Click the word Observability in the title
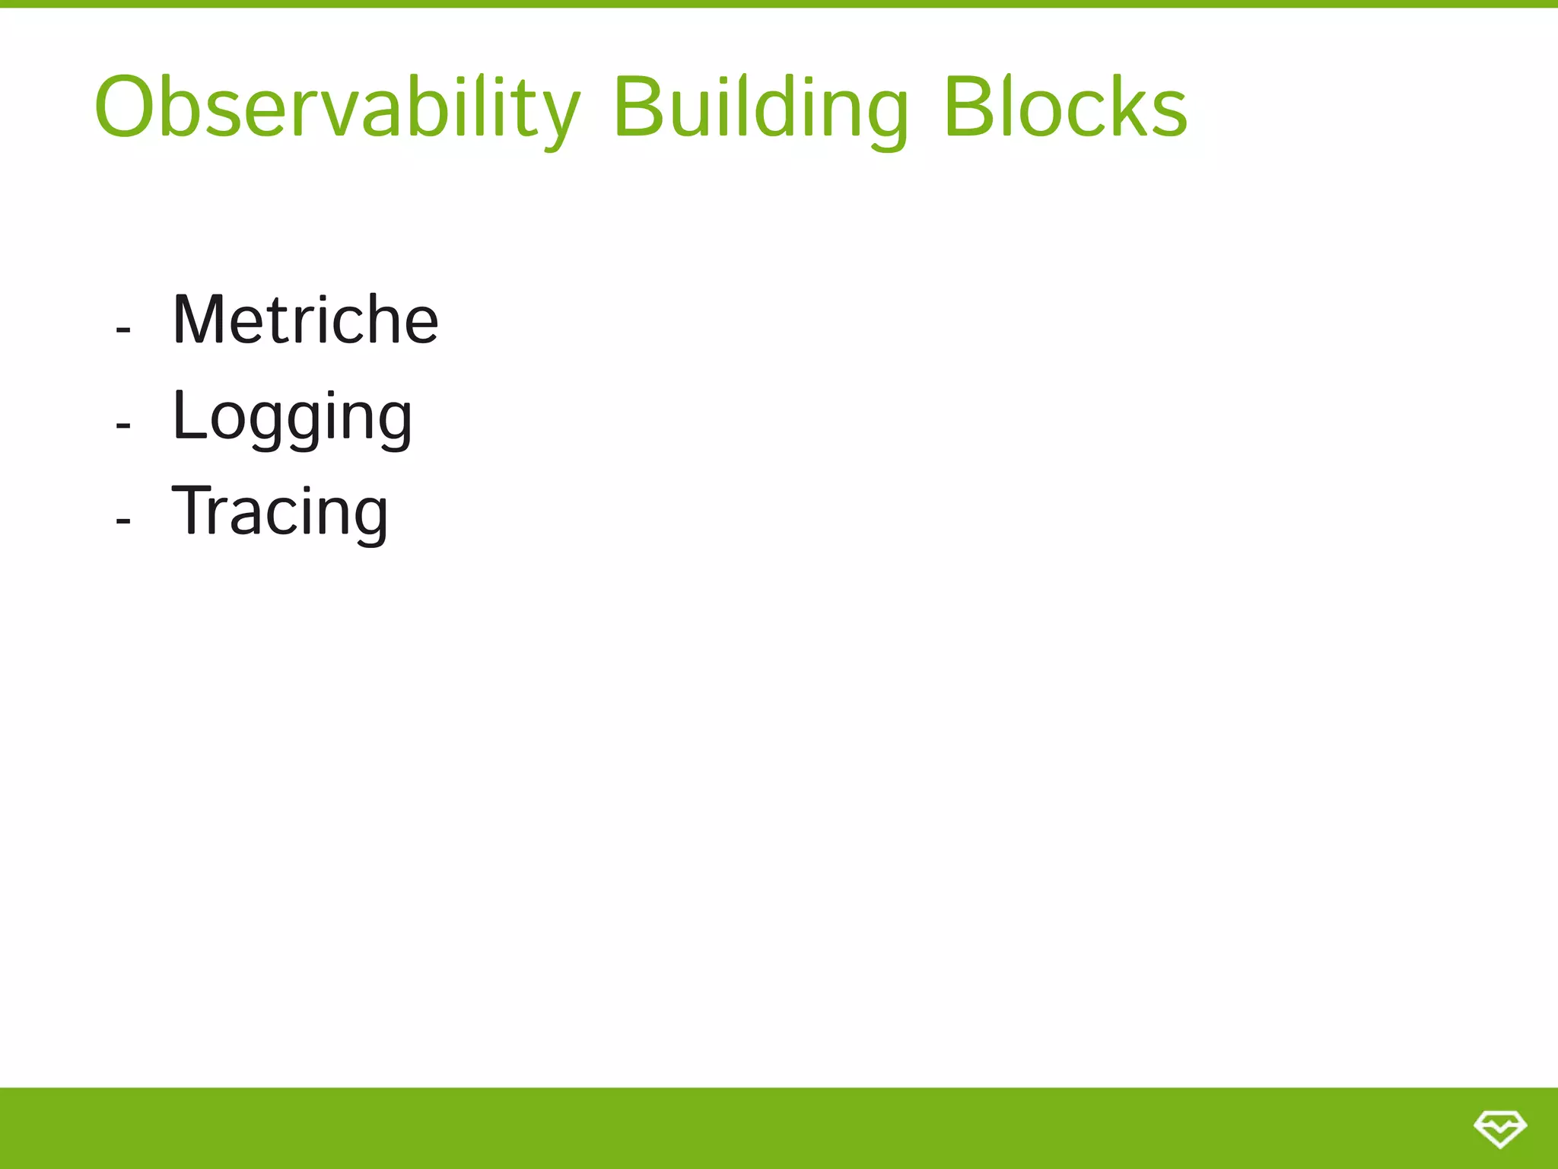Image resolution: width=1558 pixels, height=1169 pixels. pyautogui.click(x=337, y=108)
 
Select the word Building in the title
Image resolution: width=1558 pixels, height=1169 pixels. pyautogui.click(x=760, y=108)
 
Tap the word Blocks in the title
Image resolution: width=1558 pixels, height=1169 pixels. pyautogui.click(x=1065, y=108)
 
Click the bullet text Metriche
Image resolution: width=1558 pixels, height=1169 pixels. pyautogui.click(x=305, y=320)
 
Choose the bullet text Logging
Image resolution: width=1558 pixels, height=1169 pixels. pyautogui.click(x=292, y=417)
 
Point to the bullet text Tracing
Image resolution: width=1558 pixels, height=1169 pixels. pyautogui.click(x=280, y=512)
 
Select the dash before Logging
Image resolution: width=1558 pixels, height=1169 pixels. pyautogui.click(x=123, y=425)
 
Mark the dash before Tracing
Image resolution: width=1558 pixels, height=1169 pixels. pyautogui.click(x=123, y=521)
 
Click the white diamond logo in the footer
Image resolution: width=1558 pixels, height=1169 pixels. pyautogui.click(x=1499, y=1128)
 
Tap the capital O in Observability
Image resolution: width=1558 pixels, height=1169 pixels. pyautogui.click(x=126, y=108)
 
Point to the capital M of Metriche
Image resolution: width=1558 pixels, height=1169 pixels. pyautogui.click(x=199, y=320)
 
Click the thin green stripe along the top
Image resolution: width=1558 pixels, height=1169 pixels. pyautogui.click(x=779, y=4)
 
